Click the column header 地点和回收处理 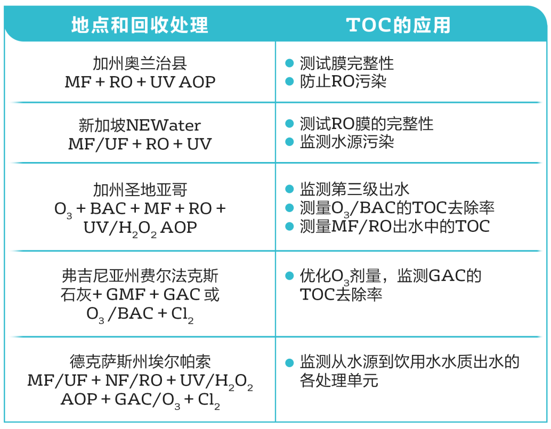[x=140, y=25]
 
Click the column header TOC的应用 [x=398, y=25]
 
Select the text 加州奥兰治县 [x=140, y=63]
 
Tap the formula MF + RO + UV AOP [x=140, y=82]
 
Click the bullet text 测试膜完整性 [x=346, y=63]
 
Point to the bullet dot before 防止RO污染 [x=289, y=82]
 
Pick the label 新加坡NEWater [x=140, y=125]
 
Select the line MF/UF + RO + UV [x=140, y=144]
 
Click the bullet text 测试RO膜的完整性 [x=367, y=124]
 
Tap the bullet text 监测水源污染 [x=346, y=142]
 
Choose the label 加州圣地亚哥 [x=140, y=190]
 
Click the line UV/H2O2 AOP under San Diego [x=140, y=229]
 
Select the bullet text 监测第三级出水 [x=354, y=189]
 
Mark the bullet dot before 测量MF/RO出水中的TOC [x=289, y=226]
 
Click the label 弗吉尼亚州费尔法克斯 [x=140, y=276]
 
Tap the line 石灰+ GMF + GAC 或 [x=140, y=294]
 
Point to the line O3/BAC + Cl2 [x=140, y=314]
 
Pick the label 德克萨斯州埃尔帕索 [x=140, y=361]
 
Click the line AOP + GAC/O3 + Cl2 [x=140, y=400]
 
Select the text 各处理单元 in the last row [x=339, y=381]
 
